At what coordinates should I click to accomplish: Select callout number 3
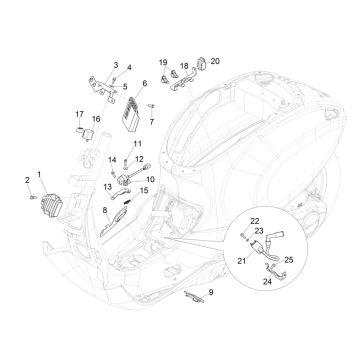point(115,65)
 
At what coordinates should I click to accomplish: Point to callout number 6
point(144,84)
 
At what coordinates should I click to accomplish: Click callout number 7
point(153,121)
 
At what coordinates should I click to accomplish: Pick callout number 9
point(211,292)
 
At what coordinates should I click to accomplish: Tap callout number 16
point(97,119)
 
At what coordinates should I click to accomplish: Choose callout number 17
point(79,115)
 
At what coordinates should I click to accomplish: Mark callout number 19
point(163,62)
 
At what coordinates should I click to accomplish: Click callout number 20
point(213,62)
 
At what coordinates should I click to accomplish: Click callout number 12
point(139,159)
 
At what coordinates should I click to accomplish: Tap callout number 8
point(106,212)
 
